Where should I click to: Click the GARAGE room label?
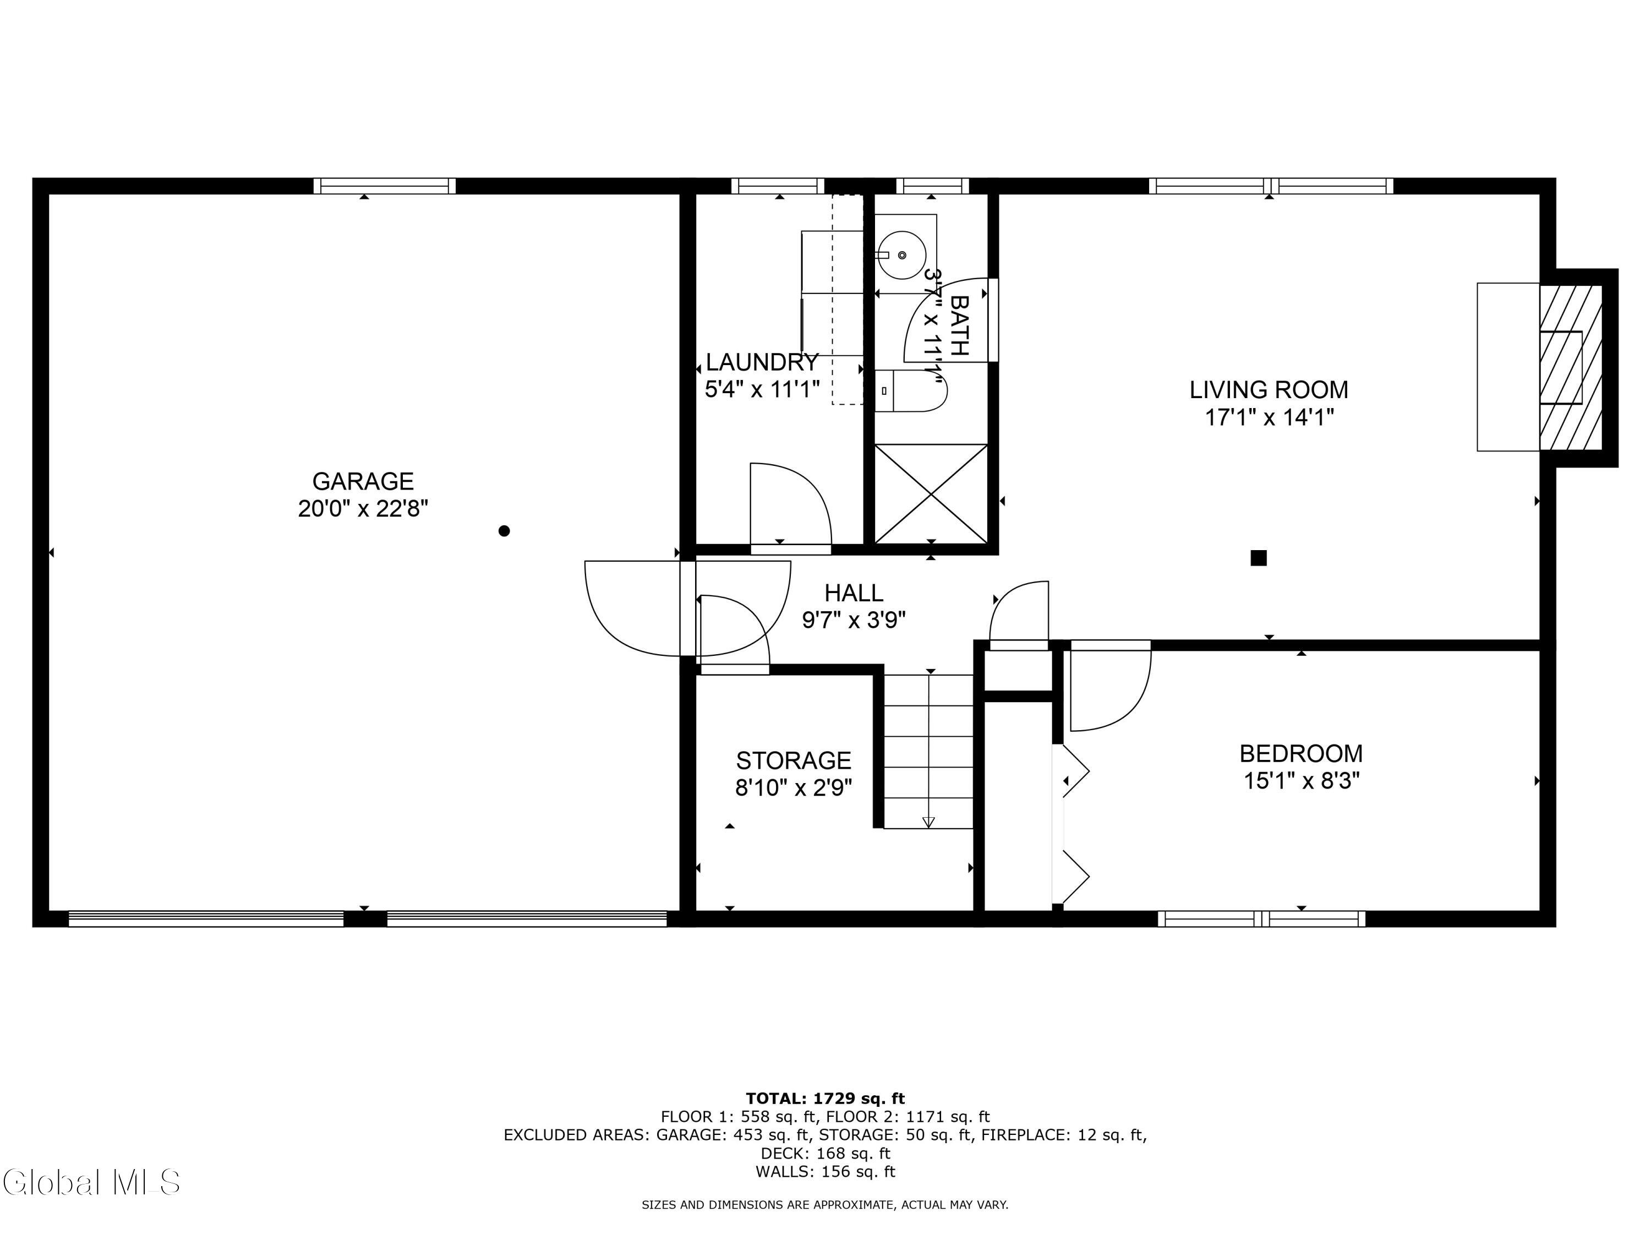[363, 481]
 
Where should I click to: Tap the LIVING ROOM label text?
[1269, 390]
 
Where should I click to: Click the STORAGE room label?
[794, 760]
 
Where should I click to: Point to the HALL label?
[854, 593]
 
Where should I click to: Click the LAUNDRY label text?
[762, 362]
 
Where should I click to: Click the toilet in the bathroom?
[911, 390]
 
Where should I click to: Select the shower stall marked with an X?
[931, 493]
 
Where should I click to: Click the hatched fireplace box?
[1571, 367]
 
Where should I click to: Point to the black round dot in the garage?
[504, 531]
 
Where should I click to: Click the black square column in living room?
[1259, 558]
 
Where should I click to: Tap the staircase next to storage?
[928, 751]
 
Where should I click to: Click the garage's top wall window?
[384, 186]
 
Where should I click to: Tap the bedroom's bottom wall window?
[1261, 919]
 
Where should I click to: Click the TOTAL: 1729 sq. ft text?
[825, 1099]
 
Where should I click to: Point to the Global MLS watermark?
[91, 1182]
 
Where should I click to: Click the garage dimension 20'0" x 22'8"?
[363, 509]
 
